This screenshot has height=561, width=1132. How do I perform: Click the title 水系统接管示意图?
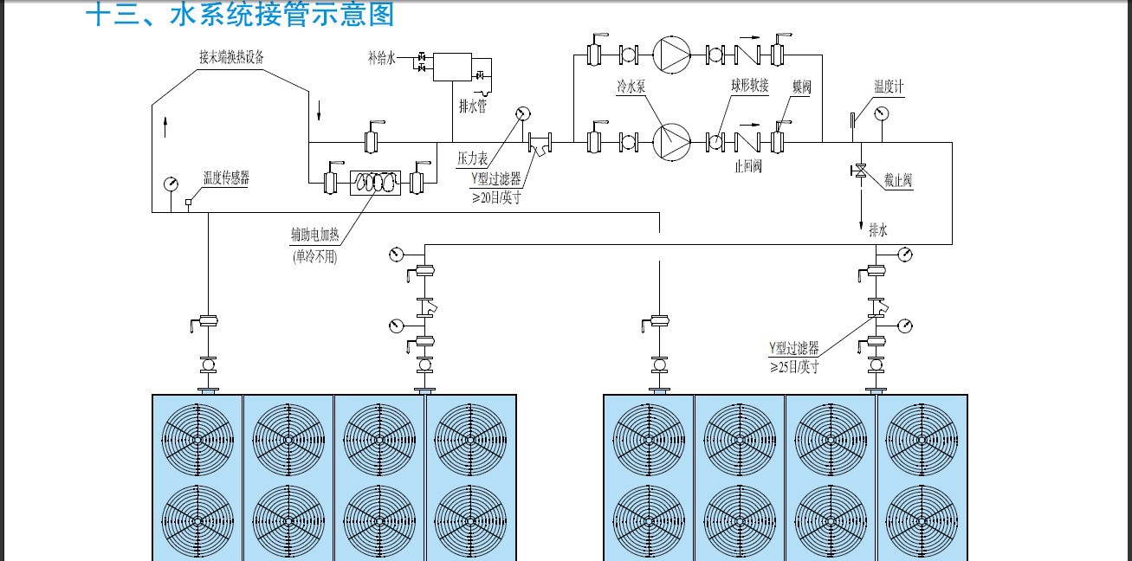[282, 14]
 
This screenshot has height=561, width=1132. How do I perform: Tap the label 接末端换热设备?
[231, 57]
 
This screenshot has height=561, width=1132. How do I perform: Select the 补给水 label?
[382, 58]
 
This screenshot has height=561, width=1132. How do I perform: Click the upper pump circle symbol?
[671, 55]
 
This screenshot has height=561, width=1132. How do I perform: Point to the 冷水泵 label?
[631, 87]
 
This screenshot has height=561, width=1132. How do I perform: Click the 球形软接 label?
[750, 86]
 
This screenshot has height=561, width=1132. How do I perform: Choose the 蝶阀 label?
[801, 87]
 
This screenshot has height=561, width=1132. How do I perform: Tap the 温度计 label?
[889, 87]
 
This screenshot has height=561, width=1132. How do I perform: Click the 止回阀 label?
[748, 166]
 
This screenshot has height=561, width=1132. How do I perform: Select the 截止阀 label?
[898, 180]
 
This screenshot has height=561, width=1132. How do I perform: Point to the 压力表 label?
[473, 158]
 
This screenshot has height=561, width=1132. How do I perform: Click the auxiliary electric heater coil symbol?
[376, 183]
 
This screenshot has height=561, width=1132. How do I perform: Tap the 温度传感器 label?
[226, 177]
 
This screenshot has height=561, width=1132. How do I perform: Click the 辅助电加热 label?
[315, 235]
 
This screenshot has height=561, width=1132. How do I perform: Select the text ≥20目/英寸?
[496, 197]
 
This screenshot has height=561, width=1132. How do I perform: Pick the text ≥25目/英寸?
[794, 367]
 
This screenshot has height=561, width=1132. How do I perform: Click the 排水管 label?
[473, 106]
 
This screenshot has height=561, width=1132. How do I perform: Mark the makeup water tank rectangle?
[452, 67]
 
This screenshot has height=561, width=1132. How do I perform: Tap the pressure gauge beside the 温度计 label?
[882, 113]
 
